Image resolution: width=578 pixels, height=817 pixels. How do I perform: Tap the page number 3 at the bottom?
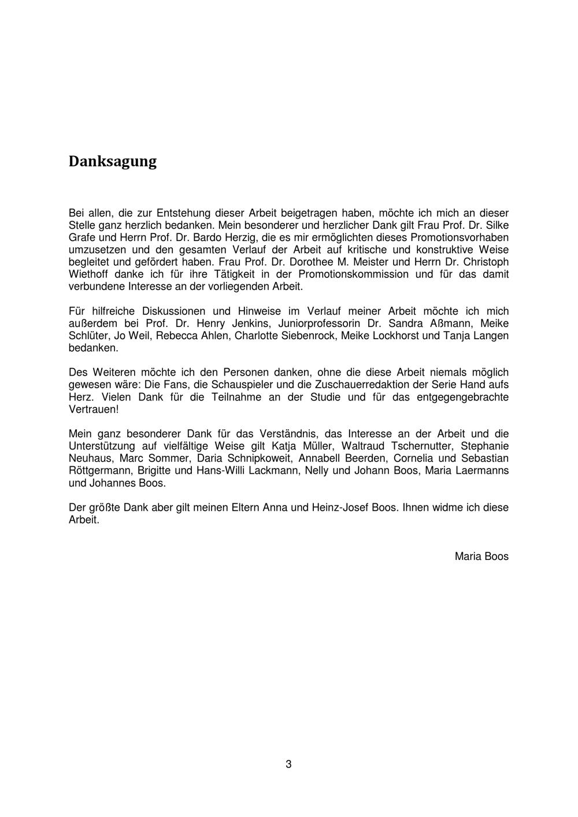point(288,764)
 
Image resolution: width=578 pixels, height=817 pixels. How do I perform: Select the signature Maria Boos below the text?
point(481,556)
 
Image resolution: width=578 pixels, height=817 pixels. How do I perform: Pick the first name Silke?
point(497,225)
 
